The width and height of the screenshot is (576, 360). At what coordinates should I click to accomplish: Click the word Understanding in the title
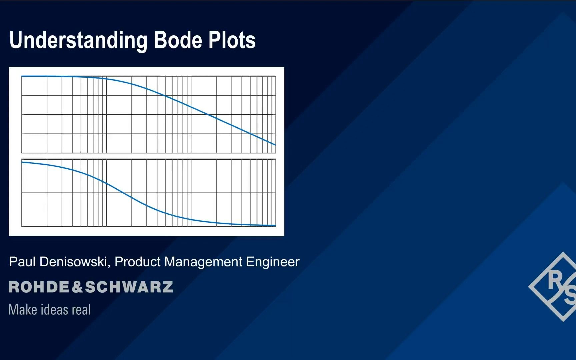point(78,40)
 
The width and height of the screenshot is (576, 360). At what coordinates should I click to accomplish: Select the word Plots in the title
point(232,40)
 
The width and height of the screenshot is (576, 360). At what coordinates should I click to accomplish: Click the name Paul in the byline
point(22,262)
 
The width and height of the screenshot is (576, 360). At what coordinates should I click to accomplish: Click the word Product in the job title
point(137,262)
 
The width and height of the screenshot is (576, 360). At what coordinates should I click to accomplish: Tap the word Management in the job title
point(203,262)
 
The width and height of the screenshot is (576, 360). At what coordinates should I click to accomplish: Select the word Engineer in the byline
point(273,262)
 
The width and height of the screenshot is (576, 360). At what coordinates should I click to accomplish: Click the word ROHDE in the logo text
point(39,287)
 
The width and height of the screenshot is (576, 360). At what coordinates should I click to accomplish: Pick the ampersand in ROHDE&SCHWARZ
point(77,287)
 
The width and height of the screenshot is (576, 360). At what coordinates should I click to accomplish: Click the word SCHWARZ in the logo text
point(129,287)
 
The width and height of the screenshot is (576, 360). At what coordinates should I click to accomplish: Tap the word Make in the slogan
point(23,310)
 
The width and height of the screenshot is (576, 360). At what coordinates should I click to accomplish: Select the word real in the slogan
point(81,310)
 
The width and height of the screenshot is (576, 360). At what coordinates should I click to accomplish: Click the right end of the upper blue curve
point(275,145)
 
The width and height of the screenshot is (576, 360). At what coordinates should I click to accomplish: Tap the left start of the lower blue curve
point(22,162)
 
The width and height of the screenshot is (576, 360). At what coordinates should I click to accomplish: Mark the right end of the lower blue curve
point(275,226)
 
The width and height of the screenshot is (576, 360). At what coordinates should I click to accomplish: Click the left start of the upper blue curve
point(22,76)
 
